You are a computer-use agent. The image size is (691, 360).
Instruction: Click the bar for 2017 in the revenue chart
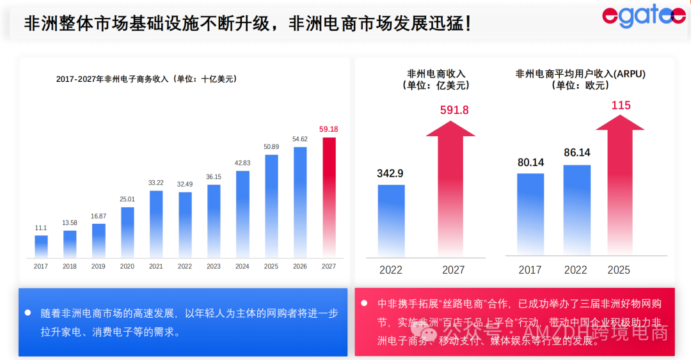point(41,246)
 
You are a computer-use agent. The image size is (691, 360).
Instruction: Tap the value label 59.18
point(329,129)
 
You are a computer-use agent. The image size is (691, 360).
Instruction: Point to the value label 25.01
point(127,199)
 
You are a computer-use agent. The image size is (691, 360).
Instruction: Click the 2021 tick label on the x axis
point(156,266)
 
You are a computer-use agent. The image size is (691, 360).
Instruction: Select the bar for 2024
point(242,214)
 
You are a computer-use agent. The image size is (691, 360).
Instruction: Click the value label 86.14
point(576,153)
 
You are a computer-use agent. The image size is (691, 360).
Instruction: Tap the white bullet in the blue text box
point(29,313)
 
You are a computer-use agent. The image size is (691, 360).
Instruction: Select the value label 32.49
point(185,184)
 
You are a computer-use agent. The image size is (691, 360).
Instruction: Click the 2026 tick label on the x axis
point(300,266)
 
